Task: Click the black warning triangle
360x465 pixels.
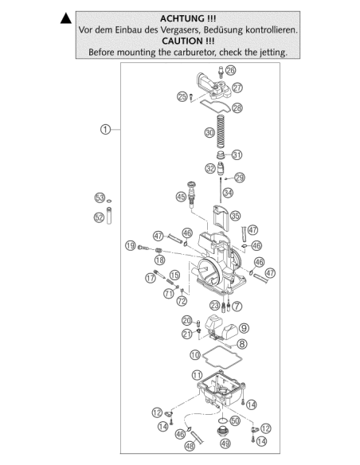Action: point(66,18)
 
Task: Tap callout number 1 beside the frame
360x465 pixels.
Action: point(105,130)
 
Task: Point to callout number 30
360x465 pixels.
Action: point(209,132)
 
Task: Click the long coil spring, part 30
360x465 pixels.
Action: point(221,131)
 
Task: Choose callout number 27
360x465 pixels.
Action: point(237,88)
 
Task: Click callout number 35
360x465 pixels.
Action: point(235,216)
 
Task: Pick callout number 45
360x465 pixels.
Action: point(181,197)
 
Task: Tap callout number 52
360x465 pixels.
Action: point(99,217)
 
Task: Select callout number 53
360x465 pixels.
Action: point(100,197)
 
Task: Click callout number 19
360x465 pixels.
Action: point(130,245)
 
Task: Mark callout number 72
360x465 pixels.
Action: point(182,301)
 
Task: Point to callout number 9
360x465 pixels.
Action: point(244,328)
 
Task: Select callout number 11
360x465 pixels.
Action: point(198,375)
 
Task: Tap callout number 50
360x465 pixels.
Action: point(235,420)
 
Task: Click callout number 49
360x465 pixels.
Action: point(225,444)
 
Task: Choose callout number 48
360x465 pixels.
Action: point(190,446)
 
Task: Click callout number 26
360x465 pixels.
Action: point(230,70)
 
